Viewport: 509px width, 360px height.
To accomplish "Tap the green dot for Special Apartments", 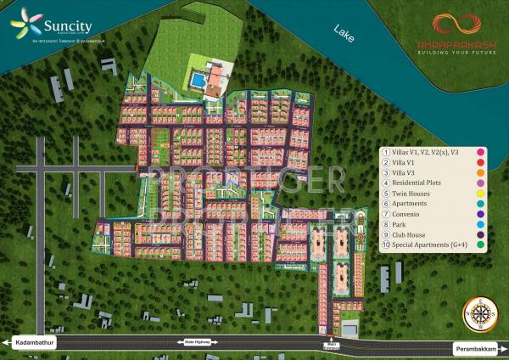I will tap(480, 245).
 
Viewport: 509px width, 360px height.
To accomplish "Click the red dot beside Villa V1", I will tap(480, 160).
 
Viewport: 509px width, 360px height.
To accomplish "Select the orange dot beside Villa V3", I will tap(480, 172).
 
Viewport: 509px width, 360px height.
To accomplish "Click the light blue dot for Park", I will tap(480, 224).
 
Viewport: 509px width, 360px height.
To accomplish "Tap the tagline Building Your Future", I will tap(450, 51).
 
